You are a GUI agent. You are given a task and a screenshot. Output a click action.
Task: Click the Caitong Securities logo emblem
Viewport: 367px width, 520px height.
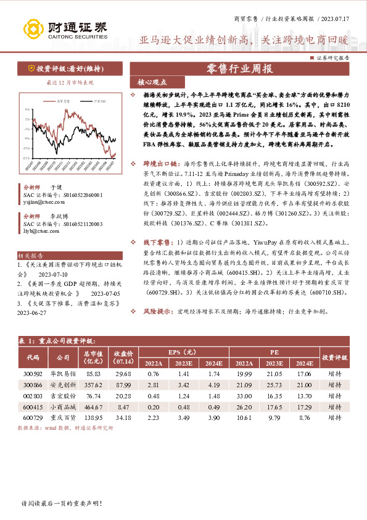31,28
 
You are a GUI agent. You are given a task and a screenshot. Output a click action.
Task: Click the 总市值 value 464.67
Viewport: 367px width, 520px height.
93,408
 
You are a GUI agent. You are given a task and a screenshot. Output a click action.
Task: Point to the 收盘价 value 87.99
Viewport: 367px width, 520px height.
123,385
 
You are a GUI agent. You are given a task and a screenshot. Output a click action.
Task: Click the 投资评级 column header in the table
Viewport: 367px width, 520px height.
335,358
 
